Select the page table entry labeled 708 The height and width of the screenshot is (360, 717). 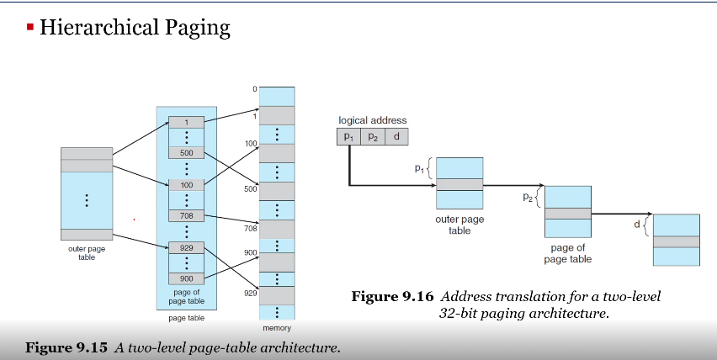(x=186, y=215)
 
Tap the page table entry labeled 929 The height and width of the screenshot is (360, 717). (x=186, y=247)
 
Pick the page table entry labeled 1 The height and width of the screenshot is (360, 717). (x=186, y=122)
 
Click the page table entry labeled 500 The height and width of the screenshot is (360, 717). (x=186, y=153)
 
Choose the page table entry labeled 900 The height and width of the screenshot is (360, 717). (x=186, y=278)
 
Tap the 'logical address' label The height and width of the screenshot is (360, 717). (x=372, y=121)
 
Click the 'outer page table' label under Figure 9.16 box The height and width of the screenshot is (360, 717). (x=459, y=225)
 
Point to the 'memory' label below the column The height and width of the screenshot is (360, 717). (x=276, y=328)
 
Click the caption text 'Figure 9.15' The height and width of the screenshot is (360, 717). (x=67, y=347)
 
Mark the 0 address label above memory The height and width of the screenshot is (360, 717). (x=253, y=90)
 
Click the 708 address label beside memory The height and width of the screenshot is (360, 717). (x=250, y=228)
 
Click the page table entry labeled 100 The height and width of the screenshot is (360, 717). (x=186, y=184)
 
